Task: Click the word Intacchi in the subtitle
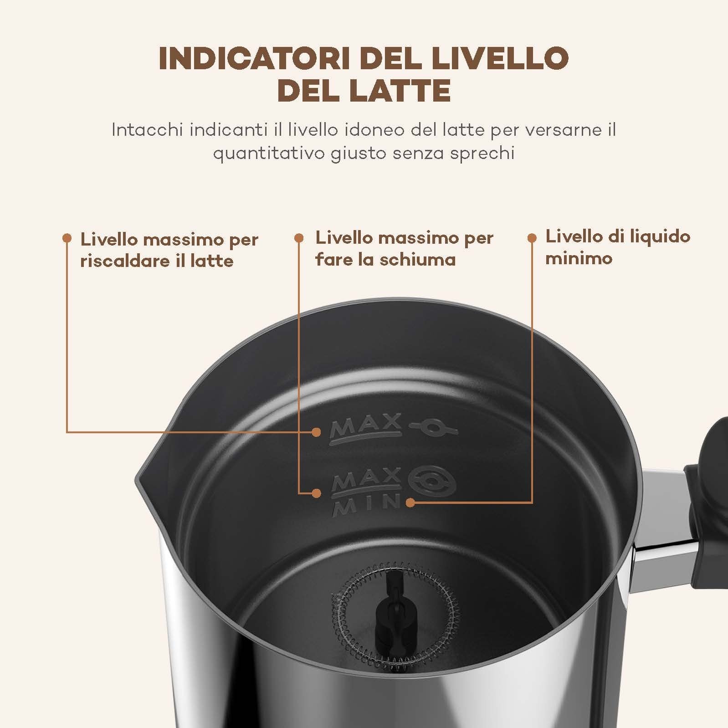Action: [147, 130]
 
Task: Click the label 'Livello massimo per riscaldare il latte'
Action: [169, 250]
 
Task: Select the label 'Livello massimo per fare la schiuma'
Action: [405, 249]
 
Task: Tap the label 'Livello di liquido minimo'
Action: [618, 247]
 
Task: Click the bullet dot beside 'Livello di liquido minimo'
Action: [532, 237]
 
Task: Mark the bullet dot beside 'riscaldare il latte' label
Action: [67, 238]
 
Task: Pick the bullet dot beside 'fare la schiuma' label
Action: [299, 238]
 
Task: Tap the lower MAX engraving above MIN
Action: [366, 481]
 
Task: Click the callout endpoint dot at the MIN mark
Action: [410, 502]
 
